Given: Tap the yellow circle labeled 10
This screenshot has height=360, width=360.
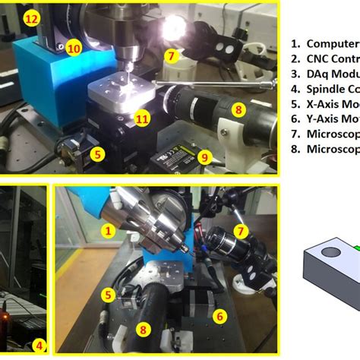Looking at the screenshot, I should coord(74,48).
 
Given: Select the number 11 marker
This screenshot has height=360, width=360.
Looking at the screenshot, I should coord(142,118).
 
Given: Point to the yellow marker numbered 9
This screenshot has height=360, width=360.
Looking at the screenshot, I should coord(204,157).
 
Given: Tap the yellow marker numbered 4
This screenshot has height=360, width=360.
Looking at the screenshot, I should coord(40,346).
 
